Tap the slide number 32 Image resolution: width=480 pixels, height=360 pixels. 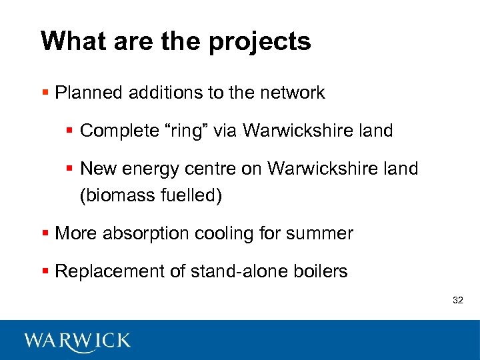point(457,301)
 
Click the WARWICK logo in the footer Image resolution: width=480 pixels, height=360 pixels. point(77,341)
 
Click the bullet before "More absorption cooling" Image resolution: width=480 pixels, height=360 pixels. point(45,234)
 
